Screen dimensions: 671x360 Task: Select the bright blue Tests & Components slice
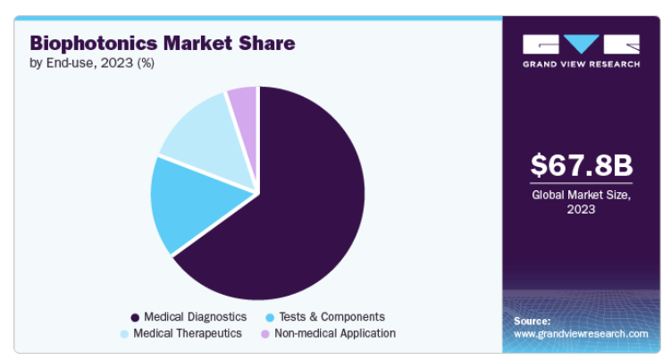[x=193, y=204]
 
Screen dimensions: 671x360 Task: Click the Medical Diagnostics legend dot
[x=135, y=318]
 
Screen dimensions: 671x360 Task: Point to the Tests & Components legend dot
[x=270, y=318]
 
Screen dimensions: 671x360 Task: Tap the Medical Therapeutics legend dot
[x=124, y=334]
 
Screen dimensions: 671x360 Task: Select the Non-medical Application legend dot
[x=265, y=334]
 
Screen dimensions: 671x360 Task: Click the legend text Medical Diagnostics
[x=195, y=317]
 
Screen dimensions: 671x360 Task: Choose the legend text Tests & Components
[x=332, y=317]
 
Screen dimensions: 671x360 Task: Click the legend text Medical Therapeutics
[x=188, y=333]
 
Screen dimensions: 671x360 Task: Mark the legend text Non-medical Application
[x=335, y=333]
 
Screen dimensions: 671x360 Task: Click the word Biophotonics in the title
[x=94, y=44]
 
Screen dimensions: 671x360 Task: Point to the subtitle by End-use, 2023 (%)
[x=92, y=63]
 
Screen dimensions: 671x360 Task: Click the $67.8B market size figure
[x=581, y=165]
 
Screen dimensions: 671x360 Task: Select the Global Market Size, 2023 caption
[x=581, y=202]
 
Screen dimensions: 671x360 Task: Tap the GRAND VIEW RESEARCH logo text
[x=581, y=64]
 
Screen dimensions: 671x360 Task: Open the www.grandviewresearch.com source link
[x=581, y=334]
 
